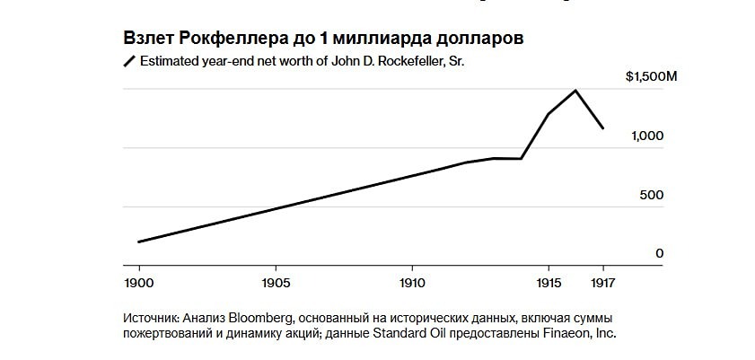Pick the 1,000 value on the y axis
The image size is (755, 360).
pyautogui.click(x=646, y=136)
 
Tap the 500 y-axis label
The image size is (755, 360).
pyautogui.click(x=651, y=195)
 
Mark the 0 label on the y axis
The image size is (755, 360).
pyautogui.click(x=659, y=254)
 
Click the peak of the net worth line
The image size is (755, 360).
pyautogui.click(x=575, y=90)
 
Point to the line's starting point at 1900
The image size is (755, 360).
pyautogui.click(x=139, y=241)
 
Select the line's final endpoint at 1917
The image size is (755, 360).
pyautogui.click(x=603, y=128)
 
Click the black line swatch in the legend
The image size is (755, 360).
pyautogui.click(x=128, y=61)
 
